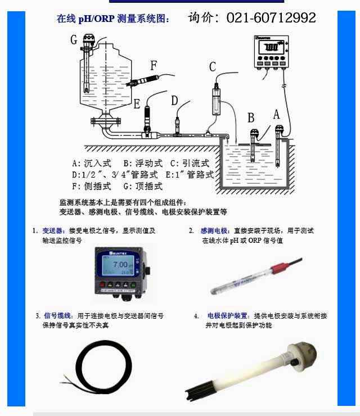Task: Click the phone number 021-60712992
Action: coord(271,18)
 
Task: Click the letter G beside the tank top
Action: coord(74,40)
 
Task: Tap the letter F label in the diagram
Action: coord(154,65)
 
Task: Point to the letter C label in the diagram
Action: coord(213,67)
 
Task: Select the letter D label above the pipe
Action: coord(175,101)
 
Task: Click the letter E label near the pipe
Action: coord(137,103)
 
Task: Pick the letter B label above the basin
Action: coord(251,117)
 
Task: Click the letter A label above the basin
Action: coord(276,114)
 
